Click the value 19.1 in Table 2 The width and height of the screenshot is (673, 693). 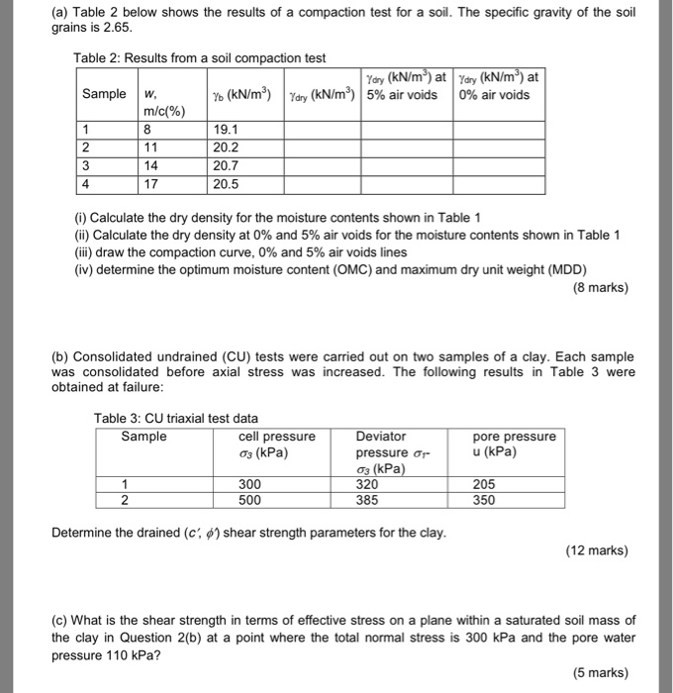click(228, 129)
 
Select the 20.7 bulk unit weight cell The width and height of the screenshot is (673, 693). click(228, 165)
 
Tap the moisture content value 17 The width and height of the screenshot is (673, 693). click(151, 184)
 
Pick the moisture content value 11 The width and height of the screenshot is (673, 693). click(151, 148)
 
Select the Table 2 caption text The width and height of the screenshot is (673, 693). click(199, 58)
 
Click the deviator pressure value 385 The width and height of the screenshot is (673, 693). click(368, 500)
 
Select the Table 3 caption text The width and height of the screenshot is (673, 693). click(175, 418)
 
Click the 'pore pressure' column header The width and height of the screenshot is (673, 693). click(515, 437)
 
